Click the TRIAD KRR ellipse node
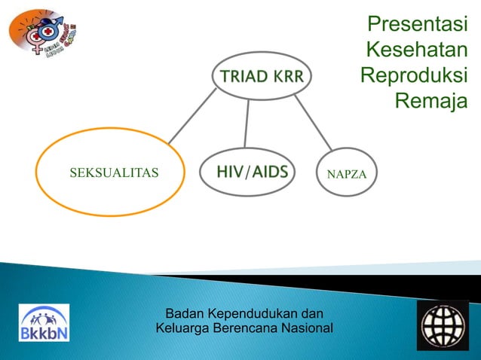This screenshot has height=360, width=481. [262, 75]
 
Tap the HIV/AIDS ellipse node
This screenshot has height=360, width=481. [252, 172]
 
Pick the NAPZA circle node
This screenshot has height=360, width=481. [347, 172]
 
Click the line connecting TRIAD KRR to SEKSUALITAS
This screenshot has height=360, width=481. [191, 117]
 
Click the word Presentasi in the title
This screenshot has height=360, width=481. [417, 25]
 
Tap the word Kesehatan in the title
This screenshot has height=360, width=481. [415, 50]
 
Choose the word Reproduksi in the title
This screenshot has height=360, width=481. [413, 76]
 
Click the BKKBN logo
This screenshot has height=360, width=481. [44, 323]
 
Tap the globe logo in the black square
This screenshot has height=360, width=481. [443, 325]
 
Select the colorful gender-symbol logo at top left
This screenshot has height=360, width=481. [44, 32]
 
